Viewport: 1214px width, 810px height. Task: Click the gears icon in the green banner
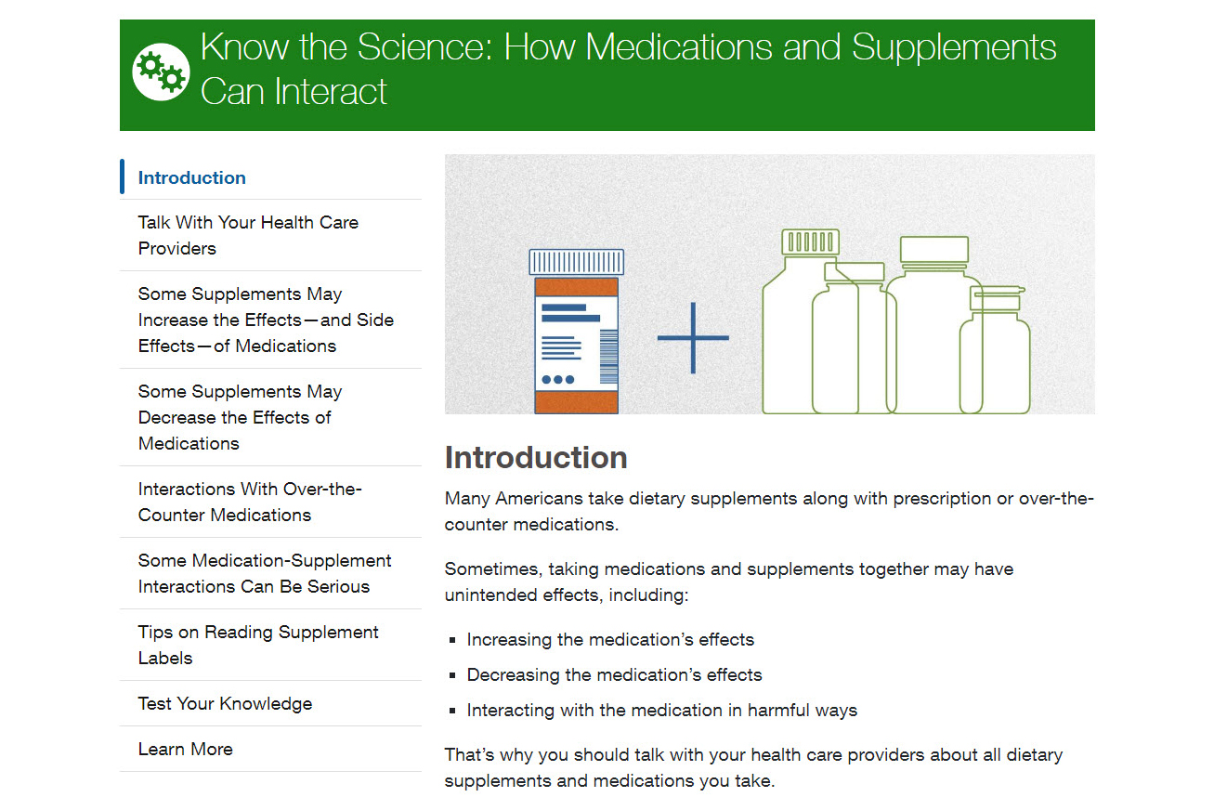coord(161,71)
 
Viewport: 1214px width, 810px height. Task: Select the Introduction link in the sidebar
coord(191,177)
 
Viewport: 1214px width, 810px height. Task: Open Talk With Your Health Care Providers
coord(247,235)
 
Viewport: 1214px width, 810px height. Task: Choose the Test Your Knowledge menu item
coord(225,703)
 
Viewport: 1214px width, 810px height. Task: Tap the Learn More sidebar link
coord(185,749)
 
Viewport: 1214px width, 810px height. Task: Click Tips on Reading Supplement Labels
coord(257,645)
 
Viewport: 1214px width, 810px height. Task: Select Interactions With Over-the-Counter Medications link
coord(249,502)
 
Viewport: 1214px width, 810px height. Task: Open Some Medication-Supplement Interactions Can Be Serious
coord(264,573)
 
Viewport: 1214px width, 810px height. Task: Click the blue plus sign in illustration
coord(693,338)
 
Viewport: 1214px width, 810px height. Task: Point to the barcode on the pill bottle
coord(608,357)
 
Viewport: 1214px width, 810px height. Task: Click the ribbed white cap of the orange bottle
coord(576,262)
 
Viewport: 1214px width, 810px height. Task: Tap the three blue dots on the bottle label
coord(557,379)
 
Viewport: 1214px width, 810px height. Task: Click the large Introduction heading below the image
coord(536,457)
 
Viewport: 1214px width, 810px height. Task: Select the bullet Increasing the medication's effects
coord(609,639)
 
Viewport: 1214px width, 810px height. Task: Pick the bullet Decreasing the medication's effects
coord(613,674)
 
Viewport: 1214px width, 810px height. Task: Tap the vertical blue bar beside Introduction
coord(122,176)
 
